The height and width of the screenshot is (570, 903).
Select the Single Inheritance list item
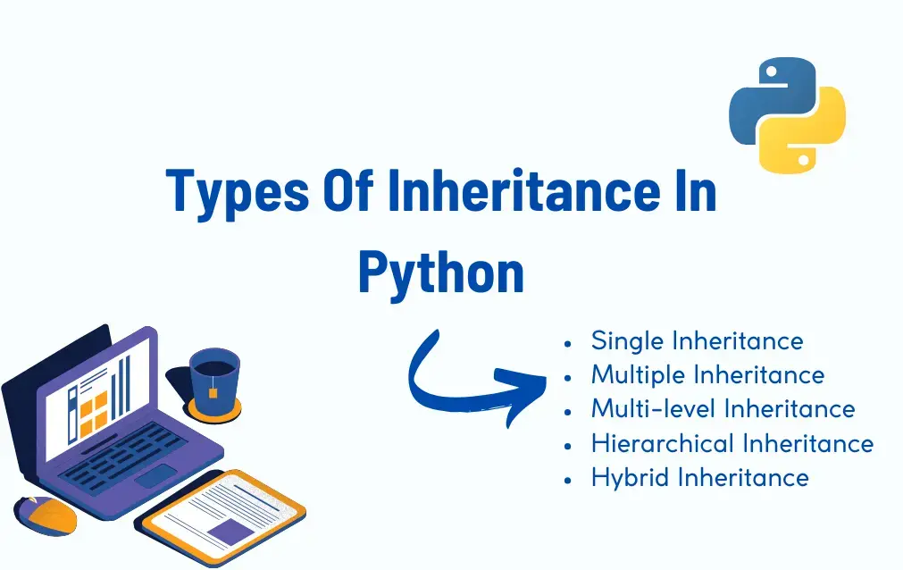pyautogui.click(x=697, y=340)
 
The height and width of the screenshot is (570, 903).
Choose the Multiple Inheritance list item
pyautogui.click(x=707, y=374)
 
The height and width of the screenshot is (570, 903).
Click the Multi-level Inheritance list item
pyautogui.click(x=723, y=408)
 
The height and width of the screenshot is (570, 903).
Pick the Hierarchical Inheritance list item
pyautogui.click(x=732, y=443)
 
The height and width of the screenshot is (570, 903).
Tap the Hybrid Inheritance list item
pyautogui.click(x=699, y=477)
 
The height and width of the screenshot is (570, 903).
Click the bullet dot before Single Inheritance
pyautogui.click(x=568, y=342)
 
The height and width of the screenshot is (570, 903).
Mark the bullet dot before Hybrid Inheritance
pyautogui.click(x=568, y=479)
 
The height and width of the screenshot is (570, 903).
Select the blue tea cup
pyautogui.click(x=214, y=375)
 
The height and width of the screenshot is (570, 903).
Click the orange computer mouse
pyautogui.click(x=46, y=516)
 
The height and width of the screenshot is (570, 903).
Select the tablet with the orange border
pyautogui.click(x=225, y=516)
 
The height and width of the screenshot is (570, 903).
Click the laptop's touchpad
pyautogui.click(x=155, y=475)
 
